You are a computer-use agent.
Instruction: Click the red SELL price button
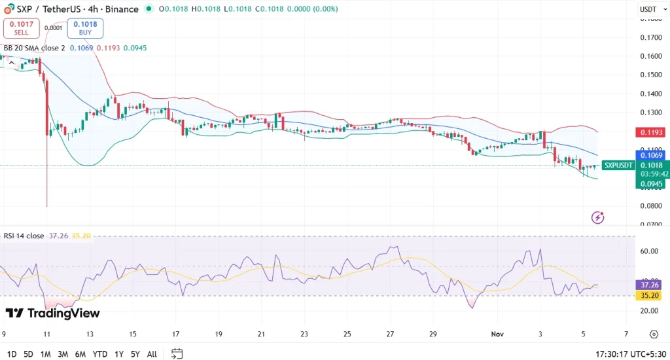click(22, 27)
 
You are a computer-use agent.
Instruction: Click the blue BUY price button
click(85, 27)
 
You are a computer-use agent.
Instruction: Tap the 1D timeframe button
click(10, 354)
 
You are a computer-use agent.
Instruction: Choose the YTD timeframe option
click(100, 354)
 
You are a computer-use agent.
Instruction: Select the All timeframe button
click(152, 354)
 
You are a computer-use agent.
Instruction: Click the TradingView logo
click(52, 314)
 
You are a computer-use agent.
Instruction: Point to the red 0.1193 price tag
click(651, 132)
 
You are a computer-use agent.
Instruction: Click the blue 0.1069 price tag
click(651, 155)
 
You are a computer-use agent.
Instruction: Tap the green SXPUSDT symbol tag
click(618, 166)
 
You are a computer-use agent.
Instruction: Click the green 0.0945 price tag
click(651, 184)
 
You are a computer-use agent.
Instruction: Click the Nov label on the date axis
click(499, 334)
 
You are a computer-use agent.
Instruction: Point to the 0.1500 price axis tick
click(651, 75)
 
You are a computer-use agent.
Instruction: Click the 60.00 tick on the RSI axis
click(649, 251)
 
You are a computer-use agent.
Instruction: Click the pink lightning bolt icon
click(597, 217)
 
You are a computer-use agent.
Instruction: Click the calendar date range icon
click(177, 354)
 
